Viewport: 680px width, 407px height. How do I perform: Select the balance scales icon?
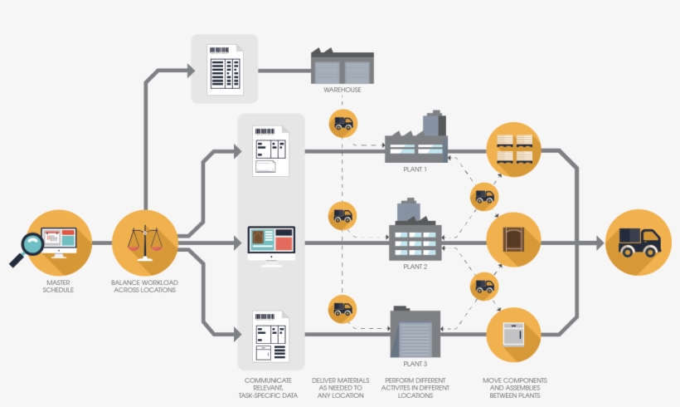(x=144, y=243)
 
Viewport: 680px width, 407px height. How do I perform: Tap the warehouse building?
(x=343, y=66)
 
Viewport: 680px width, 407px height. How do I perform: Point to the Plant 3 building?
(x=415, y=332)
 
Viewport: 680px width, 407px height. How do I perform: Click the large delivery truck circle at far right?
(x=639, y=243)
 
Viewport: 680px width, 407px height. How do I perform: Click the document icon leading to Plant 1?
(x=271, y=150)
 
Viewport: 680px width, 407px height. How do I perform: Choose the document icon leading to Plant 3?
(x=271, y=337)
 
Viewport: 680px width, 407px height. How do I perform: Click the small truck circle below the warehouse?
(x=342, y=123)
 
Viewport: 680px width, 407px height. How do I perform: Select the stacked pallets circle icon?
(x=513, y=149)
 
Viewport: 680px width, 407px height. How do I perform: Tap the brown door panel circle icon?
(x=513, y=241)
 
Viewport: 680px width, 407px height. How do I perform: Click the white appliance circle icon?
(x=513, y=334)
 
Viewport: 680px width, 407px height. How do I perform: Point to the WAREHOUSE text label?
(x=342, y=90)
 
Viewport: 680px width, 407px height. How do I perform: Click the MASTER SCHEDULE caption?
(x=58, y=287)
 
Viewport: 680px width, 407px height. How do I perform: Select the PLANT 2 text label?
(x=415, y=267)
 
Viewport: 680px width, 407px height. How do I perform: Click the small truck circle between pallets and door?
(x=484, y=197)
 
